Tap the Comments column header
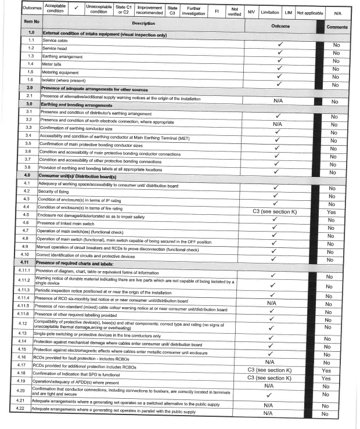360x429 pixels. (x=337, y=27)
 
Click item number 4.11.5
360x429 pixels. (x=24, y=305)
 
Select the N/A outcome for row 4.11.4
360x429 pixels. (x=271, y=303)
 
